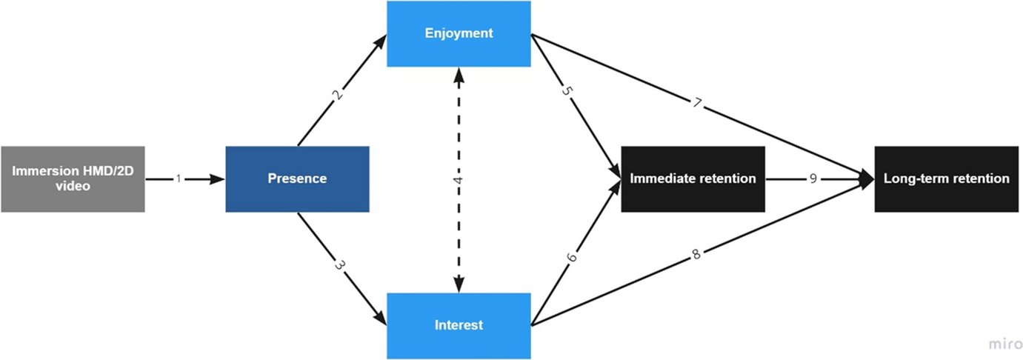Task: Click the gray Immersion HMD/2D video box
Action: click(x=73, y=179)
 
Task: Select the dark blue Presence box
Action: click(x=297, y=179)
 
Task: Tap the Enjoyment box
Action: click(x=459, y=33)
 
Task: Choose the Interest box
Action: click(x=459, y=325)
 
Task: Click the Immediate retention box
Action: click(x=692, y=179)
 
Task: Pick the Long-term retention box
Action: click(x=946, y=179)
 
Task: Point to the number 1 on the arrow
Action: click(x=179, y=179)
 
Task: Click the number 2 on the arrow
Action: click(x=339, y=94)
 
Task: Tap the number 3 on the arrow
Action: click(x=339, y=266)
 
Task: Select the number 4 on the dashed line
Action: click(x=459, y=179)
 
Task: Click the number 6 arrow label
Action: click(x=571, y=258)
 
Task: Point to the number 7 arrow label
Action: click(x=696, y=103)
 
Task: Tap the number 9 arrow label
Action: click(x=813, y=179)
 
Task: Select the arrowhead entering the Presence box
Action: click(x=218, y=179)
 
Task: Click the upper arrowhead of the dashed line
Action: click(x=459, y=74)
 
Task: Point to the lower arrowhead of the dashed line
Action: click(x=459, y=284)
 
